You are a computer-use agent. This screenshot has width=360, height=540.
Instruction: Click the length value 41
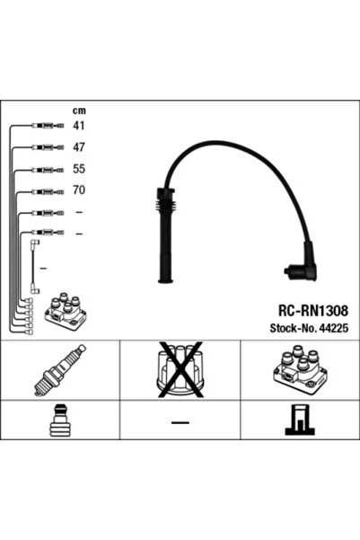[78, 126]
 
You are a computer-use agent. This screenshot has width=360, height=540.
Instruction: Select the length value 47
[78, 146]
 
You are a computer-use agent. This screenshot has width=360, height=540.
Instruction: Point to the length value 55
[78, 169]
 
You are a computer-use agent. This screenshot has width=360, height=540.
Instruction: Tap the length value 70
[78, 190]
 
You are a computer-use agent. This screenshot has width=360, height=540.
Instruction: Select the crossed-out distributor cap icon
[180, 370]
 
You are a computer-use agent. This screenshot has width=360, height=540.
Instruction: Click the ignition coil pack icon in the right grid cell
[300, 370]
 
